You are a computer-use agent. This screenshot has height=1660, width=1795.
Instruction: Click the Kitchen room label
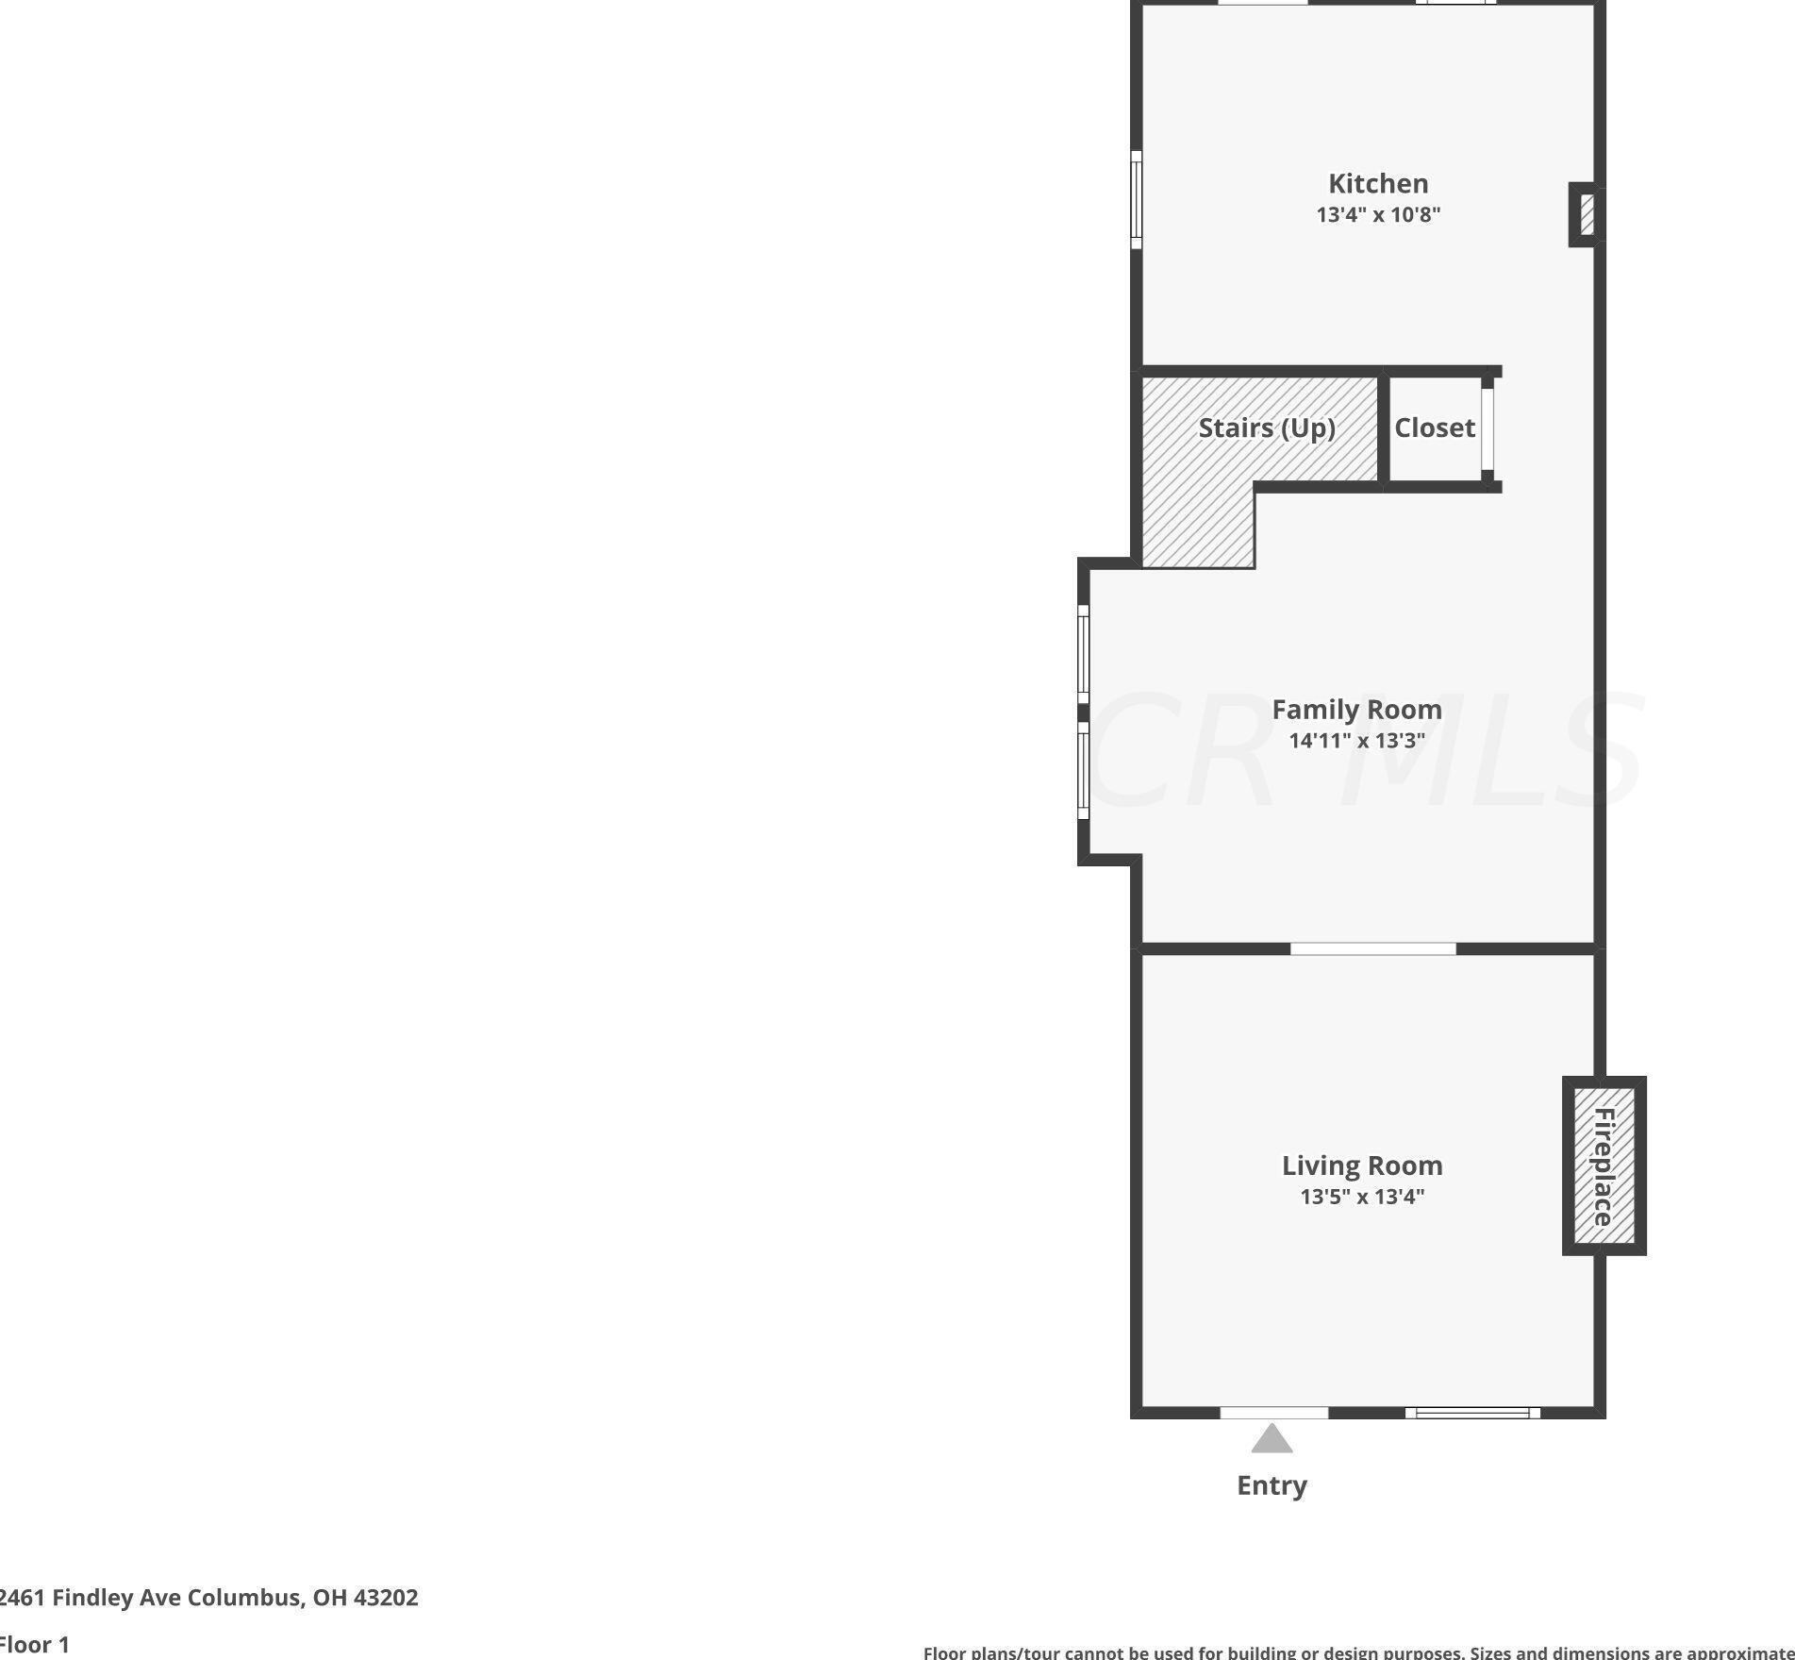click(1378, 183)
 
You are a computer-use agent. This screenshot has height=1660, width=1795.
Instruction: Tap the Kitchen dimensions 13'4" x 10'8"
click(1378, 214)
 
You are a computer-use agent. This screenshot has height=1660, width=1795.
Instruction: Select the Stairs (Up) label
click(1267, 428)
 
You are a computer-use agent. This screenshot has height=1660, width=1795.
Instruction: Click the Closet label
click(1434, 428)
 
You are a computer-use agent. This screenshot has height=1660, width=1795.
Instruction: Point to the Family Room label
click(1356, 709)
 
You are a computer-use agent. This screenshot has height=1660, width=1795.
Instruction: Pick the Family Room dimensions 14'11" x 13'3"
click(1356, 740)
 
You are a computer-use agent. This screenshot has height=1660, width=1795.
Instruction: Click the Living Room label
click(1362, 1165)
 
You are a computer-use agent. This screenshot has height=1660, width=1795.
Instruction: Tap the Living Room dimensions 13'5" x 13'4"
click(1362, 1197)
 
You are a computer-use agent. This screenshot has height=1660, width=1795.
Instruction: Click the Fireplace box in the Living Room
click(1604, 1165)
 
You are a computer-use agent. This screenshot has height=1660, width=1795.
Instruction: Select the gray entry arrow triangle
click(1271, 1439)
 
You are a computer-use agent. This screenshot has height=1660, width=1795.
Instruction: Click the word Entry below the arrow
click(1271, 1485)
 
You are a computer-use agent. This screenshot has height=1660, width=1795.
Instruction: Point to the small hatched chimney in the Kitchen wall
click(1587, 214)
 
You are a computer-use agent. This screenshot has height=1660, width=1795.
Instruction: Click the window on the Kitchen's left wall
click(1137, 200)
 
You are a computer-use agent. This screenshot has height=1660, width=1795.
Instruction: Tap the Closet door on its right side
click(1488, 428)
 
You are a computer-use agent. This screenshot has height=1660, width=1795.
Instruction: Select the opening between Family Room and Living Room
click(1372, 948)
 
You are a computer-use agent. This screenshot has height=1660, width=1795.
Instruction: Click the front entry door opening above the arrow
click(1273, 1413)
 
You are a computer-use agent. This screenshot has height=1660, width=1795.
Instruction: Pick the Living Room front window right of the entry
click(1471, 1413)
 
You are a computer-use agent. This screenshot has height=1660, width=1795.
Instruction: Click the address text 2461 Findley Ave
click(208, 1597)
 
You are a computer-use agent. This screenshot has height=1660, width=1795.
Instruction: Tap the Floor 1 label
click(35, 1645)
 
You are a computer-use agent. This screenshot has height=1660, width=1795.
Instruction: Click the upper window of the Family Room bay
click(1084, 653)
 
